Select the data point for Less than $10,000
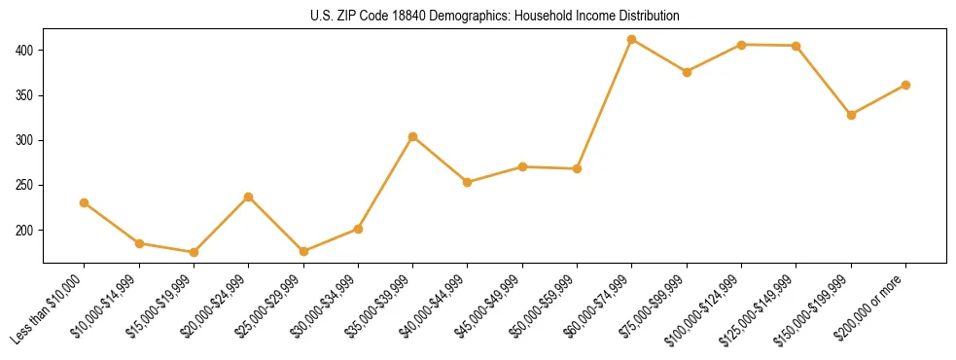click(x=85, y=202)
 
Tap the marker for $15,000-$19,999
click(x=194, y=252)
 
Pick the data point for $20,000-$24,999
click(x=249, y=197)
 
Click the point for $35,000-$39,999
click(x=413, y=136)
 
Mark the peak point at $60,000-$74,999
click(x=632, y=39)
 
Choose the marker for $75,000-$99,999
click(x=687, y=72)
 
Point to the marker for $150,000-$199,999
click(x=851, y=115)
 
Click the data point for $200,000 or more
click(x=905, y=85)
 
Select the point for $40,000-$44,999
click(x=468, y=182)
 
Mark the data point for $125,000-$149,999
click(x=797, y=46)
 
